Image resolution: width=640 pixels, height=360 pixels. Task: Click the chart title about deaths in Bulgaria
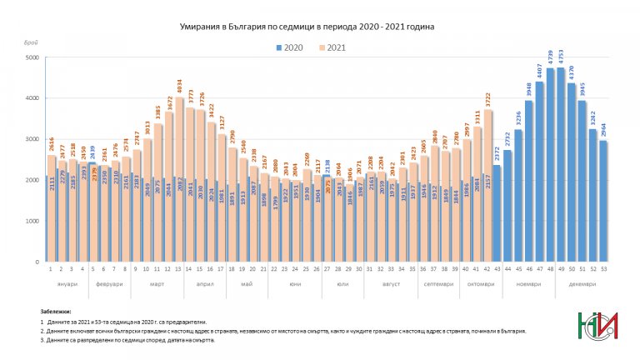point(307,27)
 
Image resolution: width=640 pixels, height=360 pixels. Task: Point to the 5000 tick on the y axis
point(32,57)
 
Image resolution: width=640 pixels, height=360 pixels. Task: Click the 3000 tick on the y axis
point(32,139)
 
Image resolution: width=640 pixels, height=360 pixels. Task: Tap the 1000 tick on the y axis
point(32,221)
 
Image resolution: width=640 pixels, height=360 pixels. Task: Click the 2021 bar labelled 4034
point(180,180)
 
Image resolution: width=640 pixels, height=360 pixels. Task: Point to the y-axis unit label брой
point(32,42)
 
